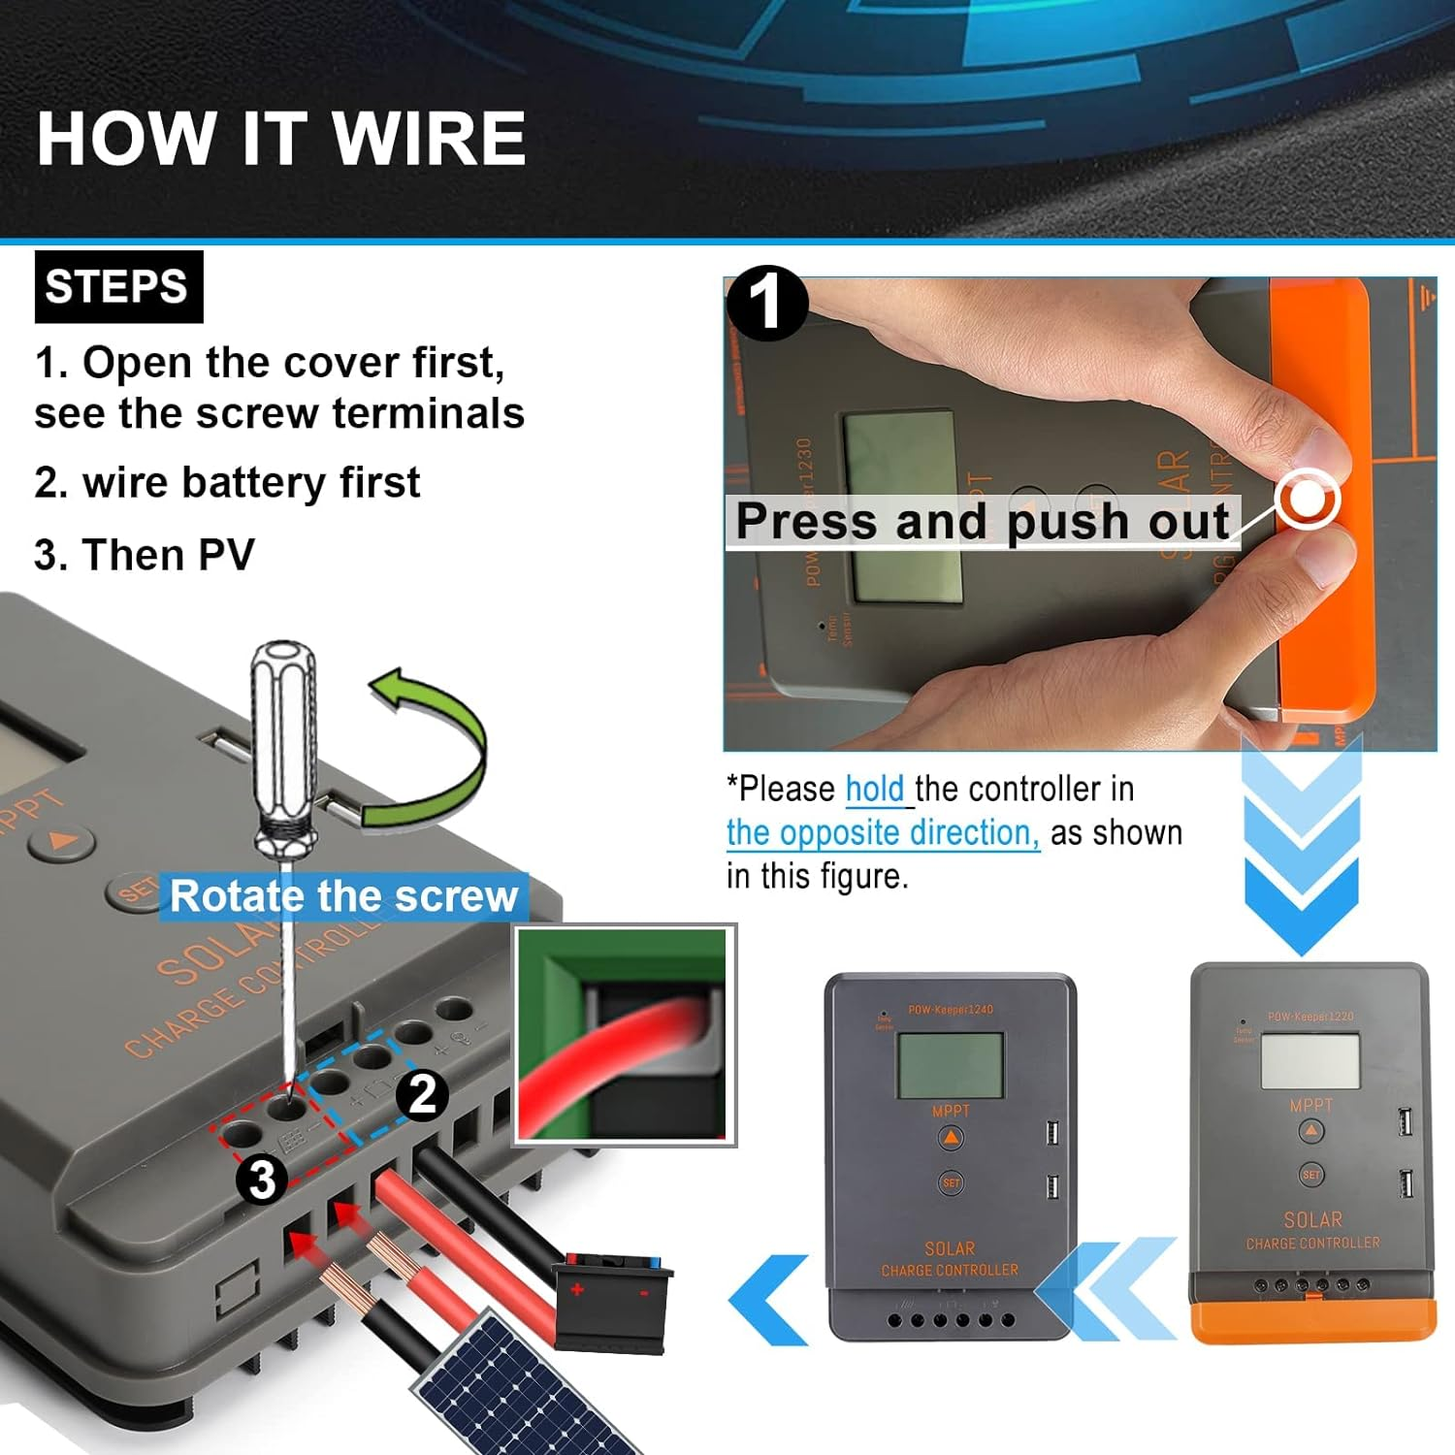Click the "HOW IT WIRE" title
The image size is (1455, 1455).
[281, 138]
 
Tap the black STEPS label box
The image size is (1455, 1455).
[118, 287]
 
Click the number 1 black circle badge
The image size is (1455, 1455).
[766, 304]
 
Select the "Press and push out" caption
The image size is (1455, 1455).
[982, 522]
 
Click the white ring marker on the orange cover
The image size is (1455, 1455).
[1309, 499]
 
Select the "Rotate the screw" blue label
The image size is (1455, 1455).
[343, 896]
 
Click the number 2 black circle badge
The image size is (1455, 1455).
[422, 1096]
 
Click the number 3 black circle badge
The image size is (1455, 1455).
[262, 1180]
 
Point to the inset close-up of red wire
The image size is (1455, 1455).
[625, 1034]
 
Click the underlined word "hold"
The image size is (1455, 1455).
[875, 790]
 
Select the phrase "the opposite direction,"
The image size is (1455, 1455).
[883, 833]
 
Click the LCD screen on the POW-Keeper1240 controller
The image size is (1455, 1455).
[950, 1064]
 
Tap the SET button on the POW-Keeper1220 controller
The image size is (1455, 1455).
[1310, 1175]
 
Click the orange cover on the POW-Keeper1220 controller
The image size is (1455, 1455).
[1312, 1320]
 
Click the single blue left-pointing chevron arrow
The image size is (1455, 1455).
[771, 1300]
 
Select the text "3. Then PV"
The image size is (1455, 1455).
[145, 556]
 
